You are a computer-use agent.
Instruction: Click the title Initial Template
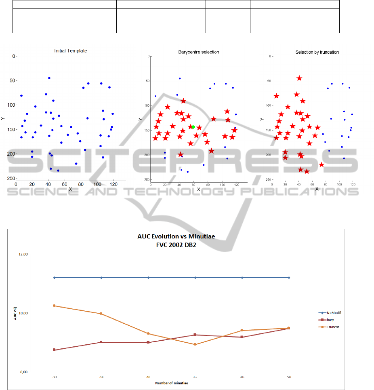coord(71,51)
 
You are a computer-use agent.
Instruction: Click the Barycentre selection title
coord(199,52)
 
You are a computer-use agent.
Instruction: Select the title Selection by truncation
coord(317,52)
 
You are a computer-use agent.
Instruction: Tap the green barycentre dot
coord(193,127)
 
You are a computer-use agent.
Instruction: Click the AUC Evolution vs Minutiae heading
coord(171,237)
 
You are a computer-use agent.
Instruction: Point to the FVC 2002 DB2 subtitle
coord(171,244)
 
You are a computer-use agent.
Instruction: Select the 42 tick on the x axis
coord(195,377)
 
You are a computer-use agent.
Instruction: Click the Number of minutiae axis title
coord(172,383)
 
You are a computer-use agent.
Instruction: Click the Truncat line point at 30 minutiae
coord(55,306)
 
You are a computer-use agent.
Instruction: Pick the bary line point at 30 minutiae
coord(55,350)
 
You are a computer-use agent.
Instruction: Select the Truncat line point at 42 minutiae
coord(195,344)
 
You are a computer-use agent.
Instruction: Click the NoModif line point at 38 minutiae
coord(148,278)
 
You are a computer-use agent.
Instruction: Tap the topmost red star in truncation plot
coord(299,78)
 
